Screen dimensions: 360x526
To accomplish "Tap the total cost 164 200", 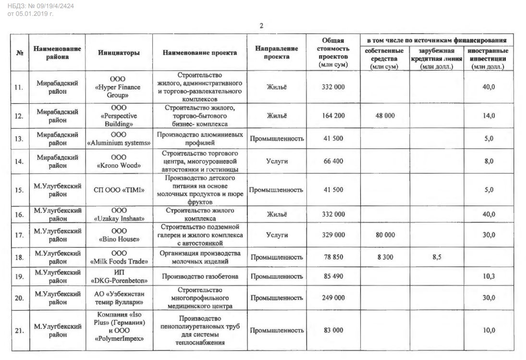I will (x=333, y=116).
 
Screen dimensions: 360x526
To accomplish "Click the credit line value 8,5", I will (x=433, y=257).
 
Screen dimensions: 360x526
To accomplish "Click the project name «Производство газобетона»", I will (x=198, y=276).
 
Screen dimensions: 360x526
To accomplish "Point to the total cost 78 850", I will (x=333, y=257).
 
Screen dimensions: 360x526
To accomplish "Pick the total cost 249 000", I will (x=333, y=298).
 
